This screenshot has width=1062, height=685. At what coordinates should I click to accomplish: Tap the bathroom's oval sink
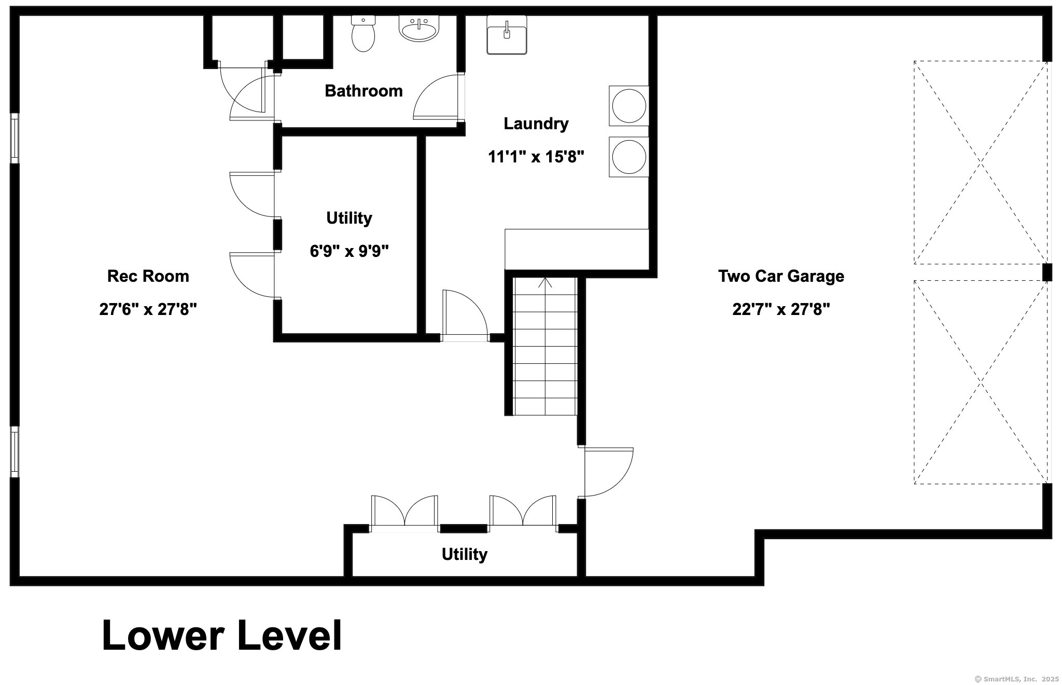418,28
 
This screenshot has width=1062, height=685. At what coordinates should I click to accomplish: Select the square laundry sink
507,34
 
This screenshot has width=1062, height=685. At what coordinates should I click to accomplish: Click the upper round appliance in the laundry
628,106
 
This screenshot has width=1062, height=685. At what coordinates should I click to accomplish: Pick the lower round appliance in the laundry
628,157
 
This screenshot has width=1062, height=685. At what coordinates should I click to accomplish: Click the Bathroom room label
364,91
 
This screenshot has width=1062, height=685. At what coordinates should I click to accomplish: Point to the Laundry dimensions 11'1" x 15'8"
536,157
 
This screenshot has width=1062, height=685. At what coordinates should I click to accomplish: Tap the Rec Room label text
148,276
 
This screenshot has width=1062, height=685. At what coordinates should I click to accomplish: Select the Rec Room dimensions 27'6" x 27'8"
148,310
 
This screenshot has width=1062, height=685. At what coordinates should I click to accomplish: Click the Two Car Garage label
781,276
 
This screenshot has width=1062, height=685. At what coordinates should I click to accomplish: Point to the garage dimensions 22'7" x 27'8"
781,310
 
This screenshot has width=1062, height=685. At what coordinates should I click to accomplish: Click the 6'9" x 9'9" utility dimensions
349,251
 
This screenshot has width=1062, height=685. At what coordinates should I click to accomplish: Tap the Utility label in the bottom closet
464,554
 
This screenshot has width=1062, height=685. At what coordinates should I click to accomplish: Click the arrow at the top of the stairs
545,283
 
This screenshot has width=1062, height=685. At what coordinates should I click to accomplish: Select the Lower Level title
222,635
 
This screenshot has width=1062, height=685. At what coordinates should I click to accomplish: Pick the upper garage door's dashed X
981,163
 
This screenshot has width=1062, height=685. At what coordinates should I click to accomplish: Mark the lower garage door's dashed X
981,382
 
